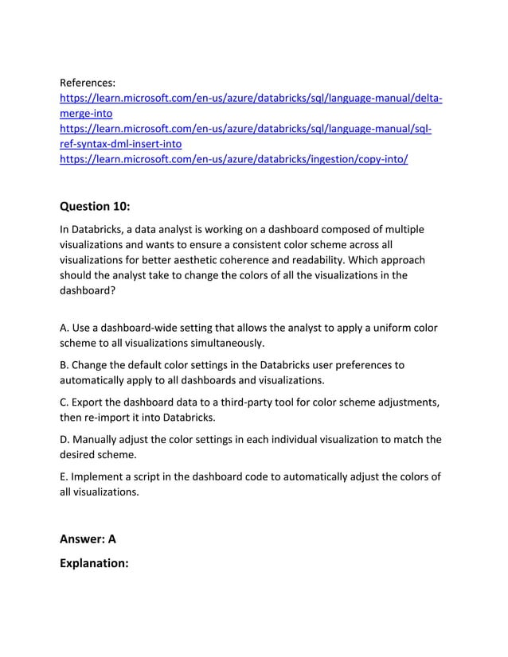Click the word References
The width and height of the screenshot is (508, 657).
[x=88, y=82]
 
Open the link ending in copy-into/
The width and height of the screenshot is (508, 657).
[x=234, y=159]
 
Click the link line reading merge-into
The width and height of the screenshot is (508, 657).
[x=86, y=113]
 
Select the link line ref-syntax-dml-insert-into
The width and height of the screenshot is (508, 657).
[x=121, y=144]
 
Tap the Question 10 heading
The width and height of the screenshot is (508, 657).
[x=96, y=206]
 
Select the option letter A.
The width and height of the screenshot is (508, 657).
[x=64, y=328]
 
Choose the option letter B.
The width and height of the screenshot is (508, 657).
[x=64, y=365]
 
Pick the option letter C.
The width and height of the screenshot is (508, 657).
[x=64, y=402]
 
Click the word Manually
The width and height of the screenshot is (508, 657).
[x=100, y=440]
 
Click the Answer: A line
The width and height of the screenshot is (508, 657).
[x=88, y=539]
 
